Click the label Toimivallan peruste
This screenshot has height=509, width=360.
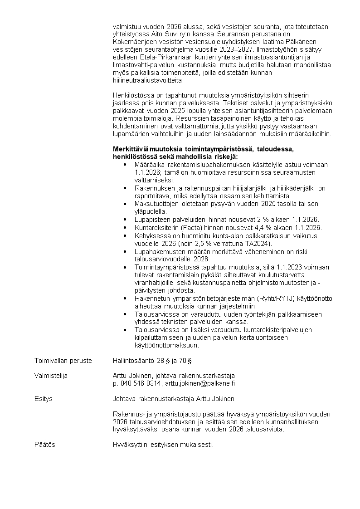click(63, 361)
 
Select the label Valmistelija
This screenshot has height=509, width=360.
click(51, 376)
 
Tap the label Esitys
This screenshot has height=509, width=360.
click(44, 399)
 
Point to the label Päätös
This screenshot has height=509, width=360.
click(45, 445)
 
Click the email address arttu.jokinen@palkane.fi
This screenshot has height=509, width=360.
click(199, 383)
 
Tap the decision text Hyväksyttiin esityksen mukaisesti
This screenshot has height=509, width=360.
click(163, 445)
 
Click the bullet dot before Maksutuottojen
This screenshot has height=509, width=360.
click(125, 204)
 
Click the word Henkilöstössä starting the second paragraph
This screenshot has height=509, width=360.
click(133, 95)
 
